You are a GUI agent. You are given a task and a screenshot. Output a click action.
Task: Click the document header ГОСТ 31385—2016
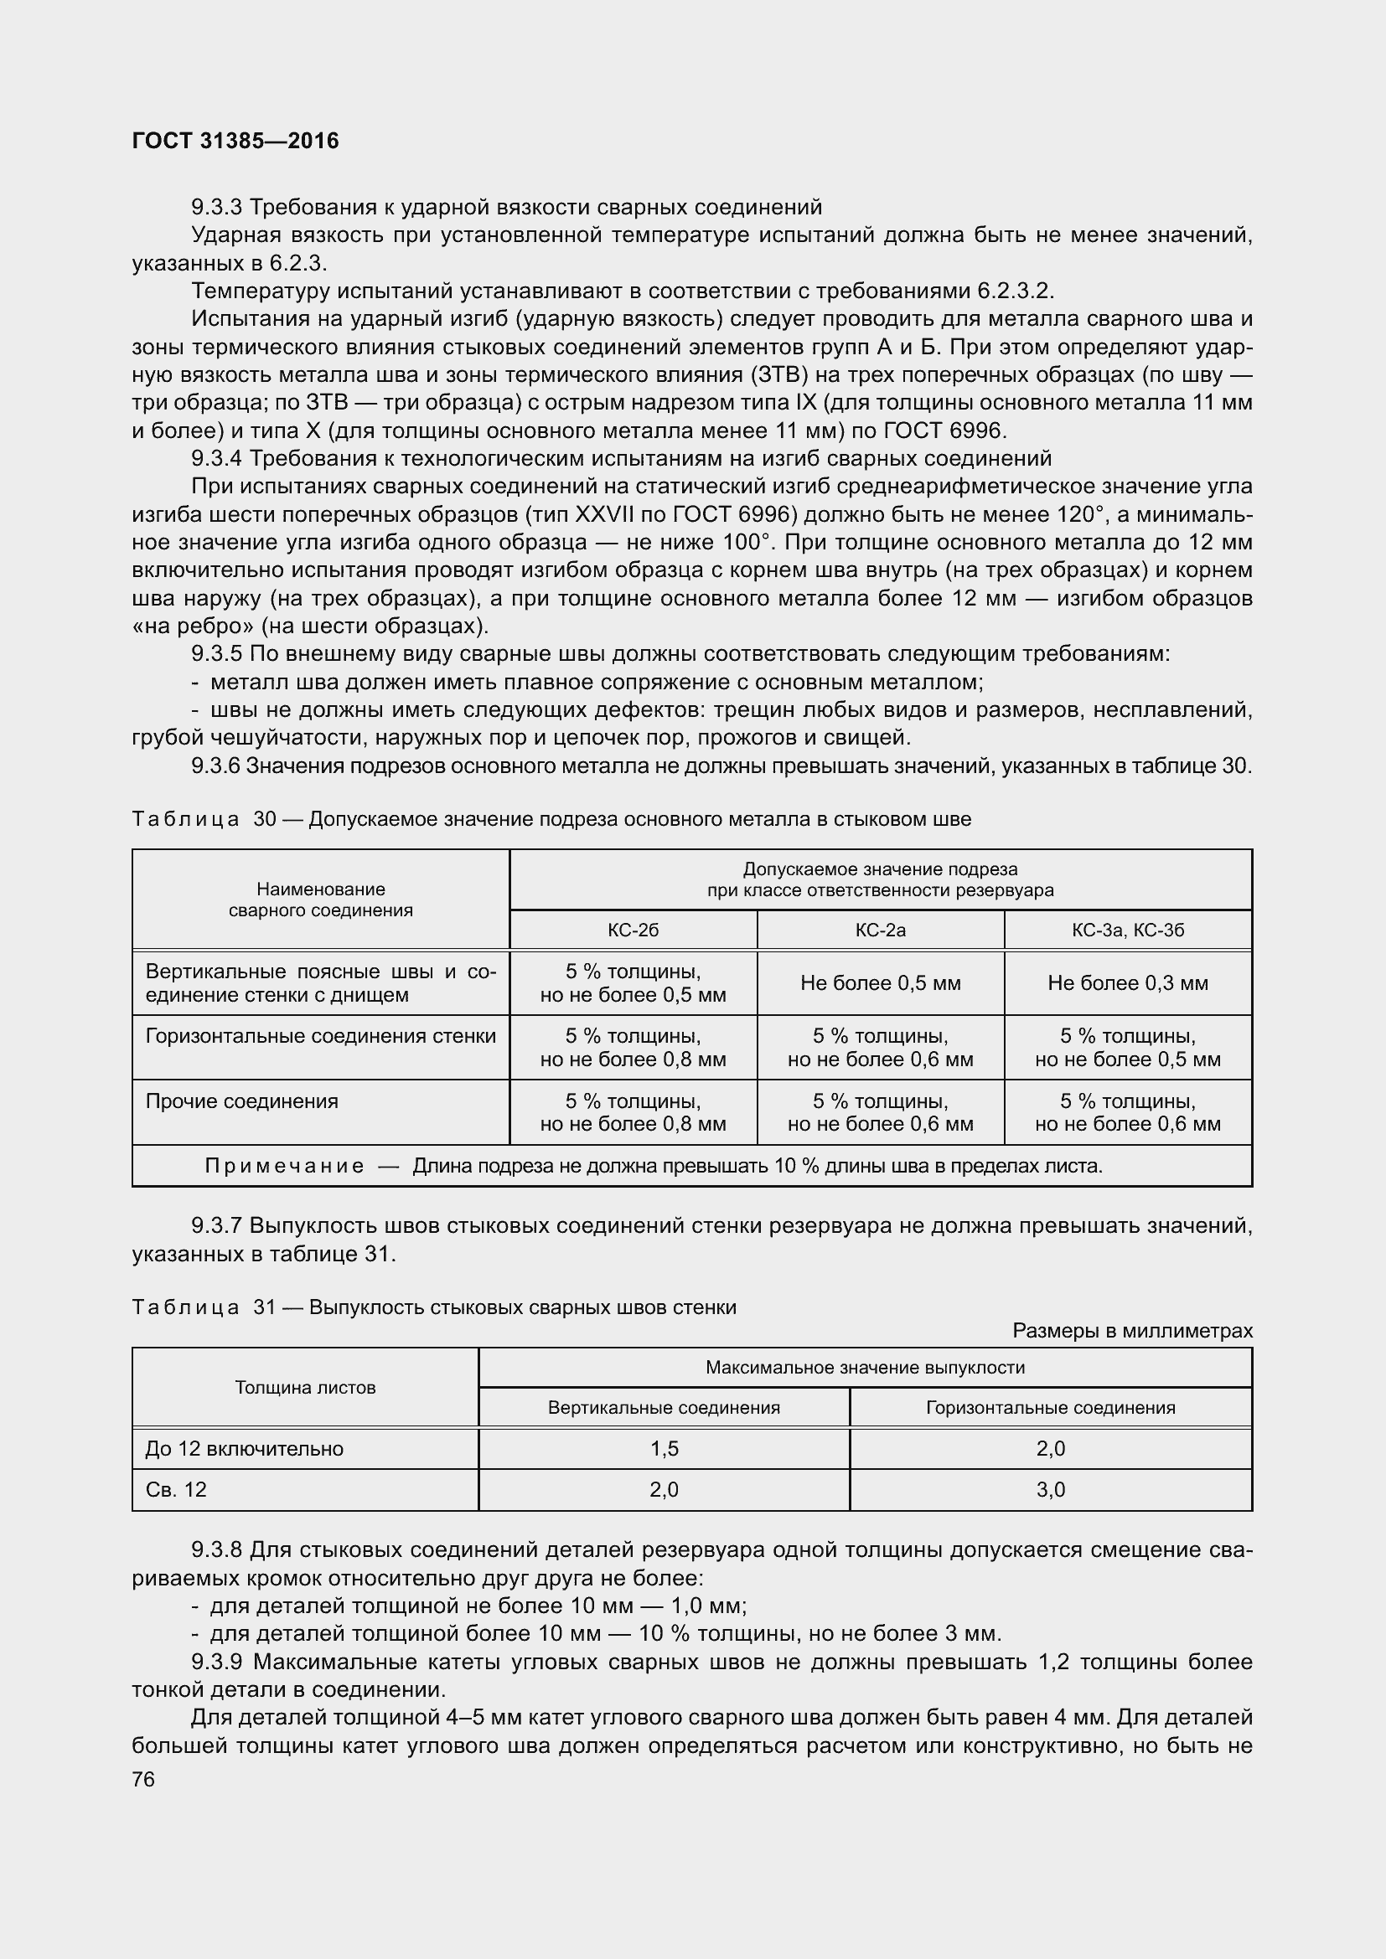(x=235, y=141)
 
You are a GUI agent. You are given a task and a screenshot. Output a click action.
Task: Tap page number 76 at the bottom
(x=143, y=1779)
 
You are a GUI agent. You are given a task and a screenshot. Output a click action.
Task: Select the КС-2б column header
(x=633, y=930)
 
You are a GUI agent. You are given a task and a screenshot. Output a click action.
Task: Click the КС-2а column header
(x=880, y=930)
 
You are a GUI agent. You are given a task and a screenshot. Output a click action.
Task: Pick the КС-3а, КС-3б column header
(x=1127, y=930)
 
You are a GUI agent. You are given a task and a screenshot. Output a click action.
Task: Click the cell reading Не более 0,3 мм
(x=1127, y=983)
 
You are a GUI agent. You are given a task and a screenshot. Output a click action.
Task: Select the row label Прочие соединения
(x=241, y=1101)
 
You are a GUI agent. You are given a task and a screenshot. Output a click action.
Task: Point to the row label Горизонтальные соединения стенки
(x=320, y=1036)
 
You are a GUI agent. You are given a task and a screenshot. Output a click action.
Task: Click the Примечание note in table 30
(x=653, y=1166)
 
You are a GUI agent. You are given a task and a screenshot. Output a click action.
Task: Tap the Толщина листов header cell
(x=305, y=1387)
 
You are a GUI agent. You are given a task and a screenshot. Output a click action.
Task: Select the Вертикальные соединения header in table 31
(x=663, y=1408)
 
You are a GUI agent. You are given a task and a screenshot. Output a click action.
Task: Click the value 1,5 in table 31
(x=663, y=1449)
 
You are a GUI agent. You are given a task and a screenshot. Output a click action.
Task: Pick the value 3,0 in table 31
(x=1050, y=1490)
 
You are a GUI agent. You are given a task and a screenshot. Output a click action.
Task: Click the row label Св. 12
(x=176, y=1490)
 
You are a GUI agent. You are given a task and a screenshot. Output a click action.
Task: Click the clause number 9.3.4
(x=217, y=459)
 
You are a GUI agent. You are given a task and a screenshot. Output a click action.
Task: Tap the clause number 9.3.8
(x=217, y=1550)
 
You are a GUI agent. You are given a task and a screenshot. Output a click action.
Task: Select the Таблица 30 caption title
(x=551, y=819)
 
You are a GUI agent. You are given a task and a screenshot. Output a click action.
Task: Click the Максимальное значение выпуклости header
(x=865, y=1368)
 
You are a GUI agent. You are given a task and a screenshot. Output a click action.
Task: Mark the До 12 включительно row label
(x=244, y=1449)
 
